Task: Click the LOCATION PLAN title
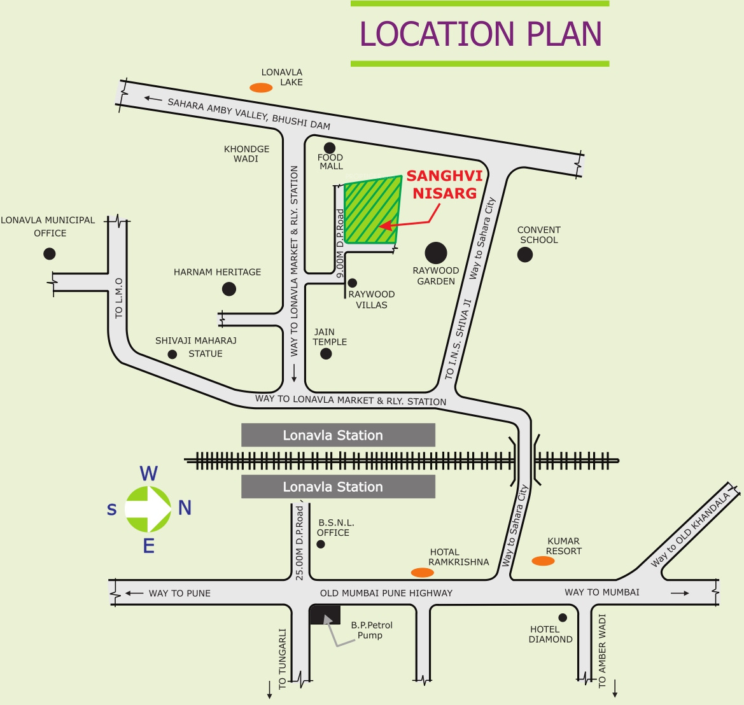click(x=481, y=34)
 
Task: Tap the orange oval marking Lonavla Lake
click(x=261, y=88)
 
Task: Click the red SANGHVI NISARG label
click(x=445, y=185)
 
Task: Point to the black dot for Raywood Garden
click(x=436, y=253)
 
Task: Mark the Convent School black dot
click(x=525, y=255)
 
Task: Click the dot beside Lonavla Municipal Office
click(x=50, y=254)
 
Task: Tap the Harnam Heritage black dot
click(x=229, y=289)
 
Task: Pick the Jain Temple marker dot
click(x=326, y=353)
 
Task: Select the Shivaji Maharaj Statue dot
click(x=172, y=354)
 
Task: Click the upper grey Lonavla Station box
click(x=339, y=435)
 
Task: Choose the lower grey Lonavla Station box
click(x=339, y=487)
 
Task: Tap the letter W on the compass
click(x=148, y=473)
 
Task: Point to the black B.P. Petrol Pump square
click(x=325, y=615)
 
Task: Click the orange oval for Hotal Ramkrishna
click(x=423, y=573)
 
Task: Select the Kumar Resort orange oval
click(x=544, y=561)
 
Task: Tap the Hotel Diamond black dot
click(x=563, y=618)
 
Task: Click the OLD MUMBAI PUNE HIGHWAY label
click(x=386, y=593)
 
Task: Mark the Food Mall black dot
click(x=329, y=148)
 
